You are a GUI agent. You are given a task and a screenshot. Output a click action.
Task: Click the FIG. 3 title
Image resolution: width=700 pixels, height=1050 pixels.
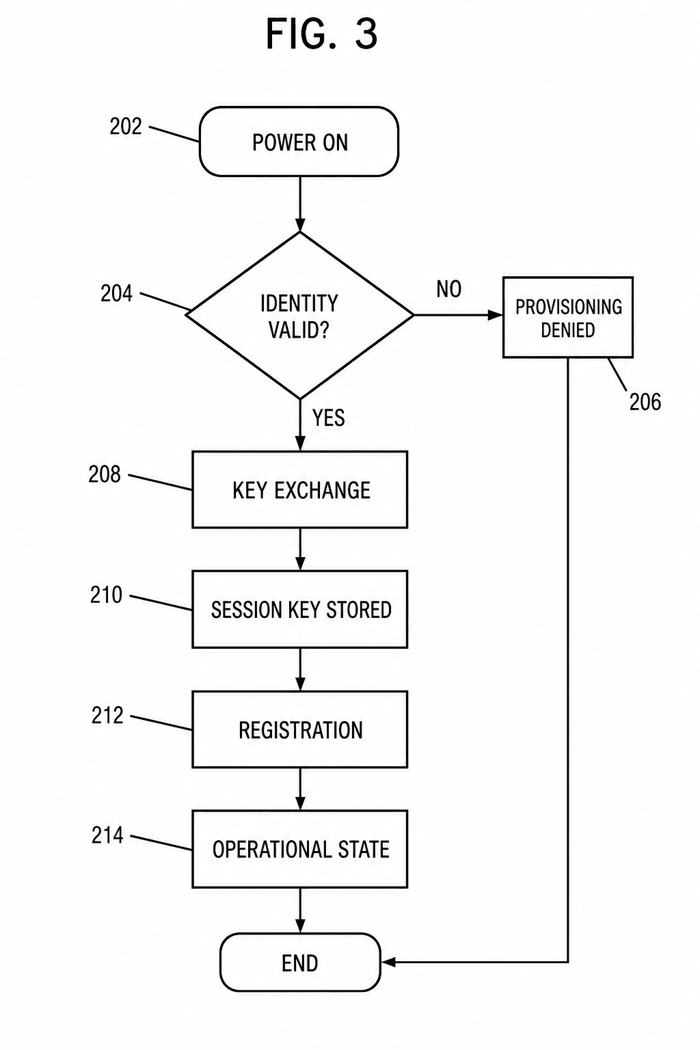pyautogui.click(x=322, y=33)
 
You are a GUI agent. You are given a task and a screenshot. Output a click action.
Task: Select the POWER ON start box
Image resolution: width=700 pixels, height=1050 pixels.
pyautogui.click(x=299, y=142)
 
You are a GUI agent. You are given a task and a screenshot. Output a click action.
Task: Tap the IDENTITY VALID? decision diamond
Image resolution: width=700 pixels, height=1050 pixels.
pyautogui.click(x=299, y=315)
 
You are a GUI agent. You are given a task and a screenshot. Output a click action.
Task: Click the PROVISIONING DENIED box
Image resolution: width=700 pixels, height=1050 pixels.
pyautogui.click(x=568, y=318)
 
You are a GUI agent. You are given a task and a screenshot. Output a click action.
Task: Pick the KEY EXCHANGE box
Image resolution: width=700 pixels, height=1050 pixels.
pyautogui.click(x=299, y=490)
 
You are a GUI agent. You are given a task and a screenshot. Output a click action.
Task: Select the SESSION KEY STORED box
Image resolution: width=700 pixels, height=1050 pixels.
pyautogui.click(x=299, y=609)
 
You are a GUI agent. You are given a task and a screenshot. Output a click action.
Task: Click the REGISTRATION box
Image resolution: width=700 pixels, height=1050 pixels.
pyautogui.click(x=299, y=729)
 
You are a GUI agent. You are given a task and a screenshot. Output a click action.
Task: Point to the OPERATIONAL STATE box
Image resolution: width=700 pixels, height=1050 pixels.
pyautogui.click(x=299, y=849)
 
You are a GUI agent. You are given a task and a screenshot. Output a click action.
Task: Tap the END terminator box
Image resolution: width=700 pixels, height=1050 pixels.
pyautogui.click(x=300, y=962)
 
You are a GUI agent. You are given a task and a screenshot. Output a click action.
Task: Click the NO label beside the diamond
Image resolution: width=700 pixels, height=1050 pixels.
pyautogui.click(x=448, y=289)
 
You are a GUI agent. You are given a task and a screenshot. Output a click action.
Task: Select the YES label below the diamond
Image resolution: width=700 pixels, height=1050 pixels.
pyautogui.click(x=328, y=418)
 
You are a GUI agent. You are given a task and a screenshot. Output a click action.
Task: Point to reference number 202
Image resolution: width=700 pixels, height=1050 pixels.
pyautogui.click(x=126, y=126)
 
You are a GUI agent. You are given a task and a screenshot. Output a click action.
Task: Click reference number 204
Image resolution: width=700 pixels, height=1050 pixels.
pyautogui.click(x=116, y=294)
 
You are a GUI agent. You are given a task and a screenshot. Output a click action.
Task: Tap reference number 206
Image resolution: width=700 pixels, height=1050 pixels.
pyautogui.click(x=645, y=402)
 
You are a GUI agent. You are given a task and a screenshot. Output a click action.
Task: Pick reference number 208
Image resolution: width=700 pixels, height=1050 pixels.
pyautogui.click(x=105, y=474)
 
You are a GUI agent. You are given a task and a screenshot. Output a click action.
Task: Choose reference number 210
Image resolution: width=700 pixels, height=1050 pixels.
pyautogui.click(x=106, y=595)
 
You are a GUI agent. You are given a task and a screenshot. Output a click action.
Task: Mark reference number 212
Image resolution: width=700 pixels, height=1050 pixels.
pyautogui.click(x=107, y=715)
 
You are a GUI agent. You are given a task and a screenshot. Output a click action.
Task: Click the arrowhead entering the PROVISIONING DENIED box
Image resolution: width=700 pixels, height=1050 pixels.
pyautogui.click(x=495, y=315)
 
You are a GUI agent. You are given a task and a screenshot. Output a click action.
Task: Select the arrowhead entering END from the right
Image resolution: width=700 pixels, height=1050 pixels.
pyautogui.click(x=389, y=962)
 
